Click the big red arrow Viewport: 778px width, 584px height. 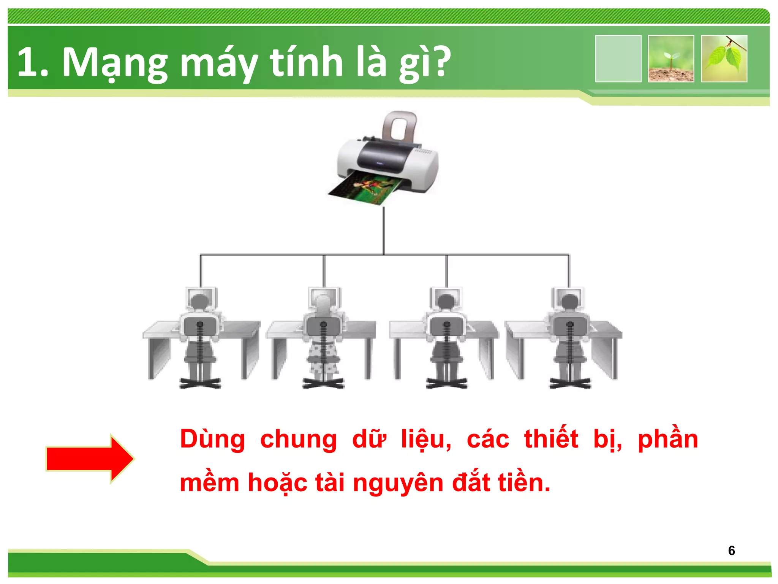pyautogui.click(x=90, y=459)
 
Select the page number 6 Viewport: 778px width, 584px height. pyautogui.click(x=731, y=551)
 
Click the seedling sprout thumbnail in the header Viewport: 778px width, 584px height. pyautogui.click(x=671, y=59)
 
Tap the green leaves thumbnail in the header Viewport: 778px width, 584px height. pyautogui.click(x=724, y=59)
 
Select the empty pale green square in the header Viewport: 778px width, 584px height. pyautogui.click(x=618, y=59)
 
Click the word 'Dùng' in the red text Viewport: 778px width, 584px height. pyautogui.click(x=212, y=440)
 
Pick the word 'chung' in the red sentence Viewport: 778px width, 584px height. pyautogui.click(x=299, y=440)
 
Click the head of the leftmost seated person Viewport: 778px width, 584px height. pyautogui.click(x=200, y=302)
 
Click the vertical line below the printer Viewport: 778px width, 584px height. pyautogui.click(x=383, y=230)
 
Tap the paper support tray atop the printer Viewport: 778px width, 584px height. pyautogui.click(x=400, y=125)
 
